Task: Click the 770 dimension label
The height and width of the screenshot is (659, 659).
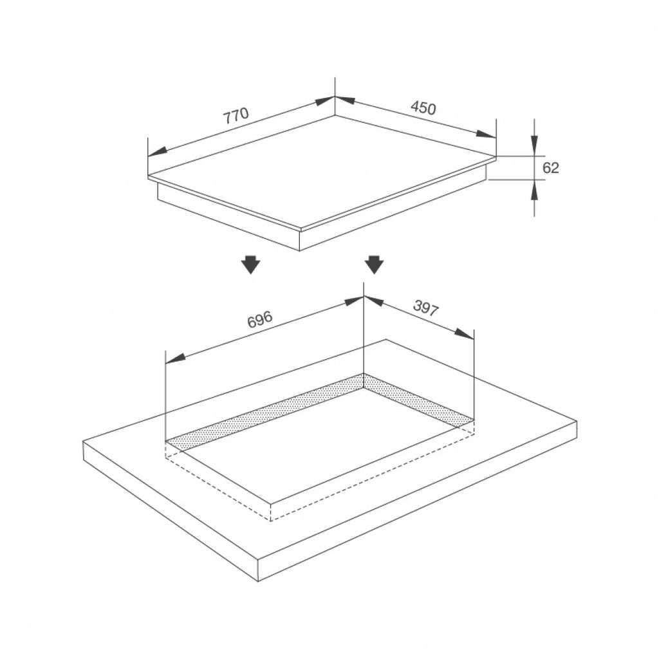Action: tap(236, 115)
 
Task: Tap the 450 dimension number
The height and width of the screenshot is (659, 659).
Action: tap(423, 108)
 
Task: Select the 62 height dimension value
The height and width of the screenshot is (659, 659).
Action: tap(551, 168)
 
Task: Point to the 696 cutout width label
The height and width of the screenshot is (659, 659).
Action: tap(260, 319)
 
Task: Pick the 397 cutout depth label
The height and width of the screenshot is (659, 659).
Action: tap(426, 308)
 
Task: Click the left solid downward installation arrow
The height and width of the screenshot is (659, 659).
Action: tap(251, 265)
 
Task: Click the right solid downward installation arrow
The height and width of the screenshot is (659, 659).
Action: tap(374, 265)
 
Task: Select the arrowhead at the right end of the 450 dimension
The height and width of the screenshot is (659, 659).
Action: tap(487, 134)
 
